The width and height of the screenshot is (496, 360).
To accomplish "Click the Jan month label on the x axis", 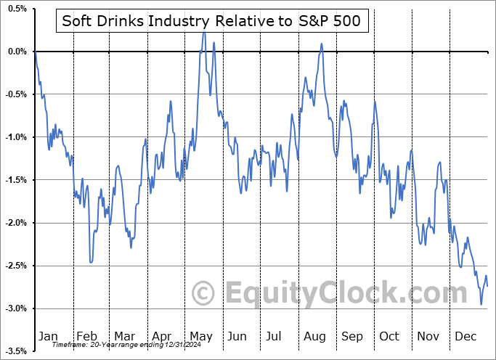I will (x=48, y=336).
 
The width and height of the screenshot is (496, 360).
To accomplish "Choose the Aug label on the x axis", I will (x=314, y=336).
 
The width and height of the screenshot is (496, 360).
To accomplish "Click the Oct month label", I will (x=390, y=336).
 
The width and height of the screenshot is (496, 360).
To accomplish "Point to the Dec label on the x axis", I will (x=466, y=336).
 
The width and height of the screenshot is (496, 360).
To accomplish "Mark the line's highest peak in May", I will (x=204, y=33).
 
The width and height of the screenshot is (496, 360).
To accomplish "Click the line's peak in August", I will (x=321, y=44).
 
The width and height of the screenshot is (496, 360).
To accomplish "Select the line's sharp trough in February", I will (x=91, y=262).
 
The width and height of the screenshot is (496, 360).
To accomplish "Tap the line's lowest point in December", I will (x=481, y=304).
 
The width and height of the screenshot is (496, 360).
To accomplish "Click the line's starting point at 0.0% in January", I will (x=35, y=52).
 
